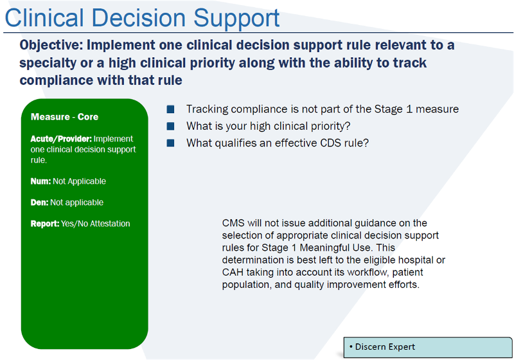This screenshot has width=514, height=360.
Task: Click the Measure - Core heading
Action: [64, 117]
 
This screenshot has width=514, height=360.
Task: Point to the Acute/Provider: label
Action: [62, 139]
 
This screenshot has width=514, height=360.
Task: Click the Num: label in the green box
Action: [40, 181]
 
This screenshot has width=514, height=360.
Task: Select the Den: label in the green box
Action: [40, 203]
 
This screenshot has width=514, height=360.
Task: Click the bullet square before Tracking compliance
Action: [170, 109]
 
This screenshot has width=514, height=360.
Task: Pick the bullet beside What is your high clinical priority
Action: [170, 126]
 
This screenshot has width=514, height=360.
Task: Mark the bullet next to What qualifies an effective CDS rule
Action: [170, 143]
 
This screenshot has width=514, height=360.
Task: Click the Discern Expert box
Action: [427, 347]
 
